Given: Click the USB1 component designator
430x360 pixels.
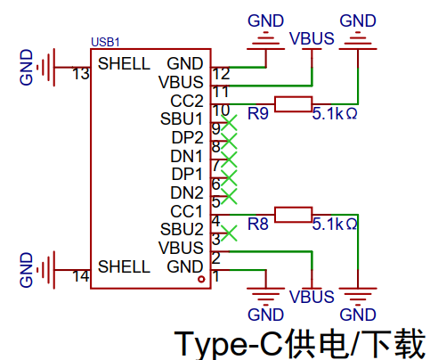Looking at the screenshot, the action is click(105, 42).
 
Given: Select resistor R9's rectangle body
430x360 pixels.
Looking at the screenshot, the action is click(293, 104).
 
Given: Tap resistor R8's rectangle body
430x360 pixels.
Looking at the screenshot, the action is click(293, 215).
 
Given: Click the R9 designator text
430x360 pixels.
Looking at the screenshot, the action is click(258, 113).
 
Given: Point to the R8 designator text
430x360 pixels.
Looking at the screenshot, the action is click(258, 224).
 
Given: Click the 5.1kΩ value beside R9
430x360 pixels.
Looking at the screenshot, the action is click(335, 113).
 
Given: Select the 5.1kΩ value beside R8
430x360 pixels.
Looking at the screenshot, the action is click(335, 224).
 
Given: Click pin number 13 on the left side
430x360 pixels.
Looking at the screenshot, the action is click(81, 74).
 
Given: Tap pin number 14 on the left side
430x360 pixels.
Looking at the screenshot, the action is click(81, 276).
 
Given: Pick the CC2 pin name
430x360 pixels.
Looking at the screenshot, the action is click(187, 101).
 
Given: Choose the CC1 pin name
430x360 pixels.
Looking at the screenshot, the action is click(186, 211).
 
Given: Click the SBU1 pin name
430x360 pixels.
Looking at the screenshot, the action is click(182, 119).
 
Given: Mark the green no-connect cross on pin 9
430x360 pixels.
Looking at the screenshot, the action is click(229, 123).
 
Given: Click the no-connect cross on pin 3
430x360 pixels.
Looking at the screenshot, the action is click(229, 233).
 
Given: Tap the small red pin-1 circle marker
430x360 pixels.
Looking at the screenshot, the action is click(202, 279).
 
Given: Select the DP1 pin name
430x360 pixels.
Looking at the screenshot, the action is click(187, 174).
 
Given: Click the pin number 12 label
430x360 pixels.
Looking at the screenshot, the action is click(222, 74).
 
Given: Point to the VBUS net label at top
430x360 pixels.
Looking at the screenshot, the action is click(312, 38).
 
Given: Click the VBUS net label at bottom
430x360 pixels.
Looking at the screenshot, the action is click(312, 297).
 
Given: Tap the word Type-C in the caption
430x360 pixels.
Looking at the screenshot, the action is click(229, 345).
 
